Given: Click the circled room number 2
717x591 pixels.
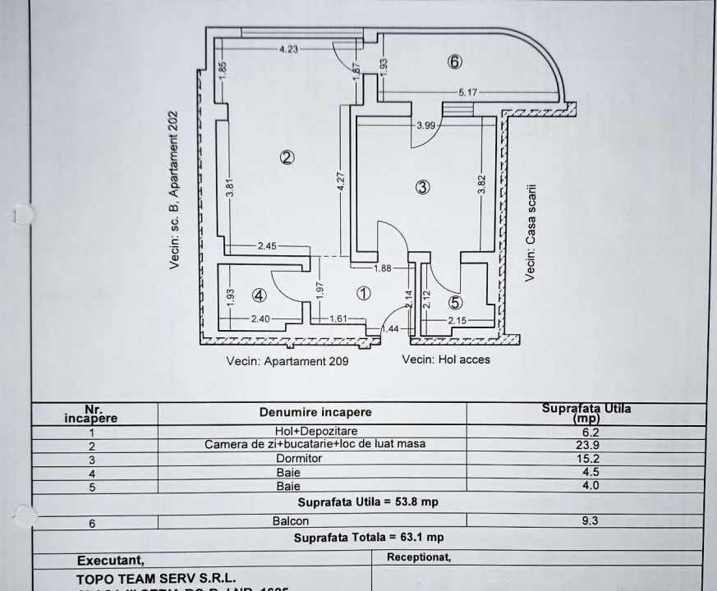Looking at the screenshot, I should point(287,158).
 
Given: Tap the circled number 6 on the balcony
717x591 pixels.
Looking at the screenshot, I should point(456,61).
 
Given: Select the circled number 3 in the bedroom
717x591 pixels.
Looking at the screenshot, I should point(422,187).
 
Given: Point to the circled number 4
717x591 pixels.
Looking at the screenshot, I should point(259,295).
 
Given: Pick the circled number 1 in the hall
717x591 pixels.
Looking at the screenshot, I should point(365,292).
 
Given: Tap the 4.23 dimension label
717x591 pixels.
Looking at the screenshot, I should point(288,49).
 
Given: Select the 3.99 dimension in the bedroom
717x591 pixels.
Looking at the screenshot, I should point(425,125).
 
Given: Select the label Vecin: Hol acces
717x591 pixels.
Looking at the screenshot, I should point(446,360).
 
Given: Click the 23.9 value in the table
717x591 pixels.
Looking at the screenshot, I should point(586,444).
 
